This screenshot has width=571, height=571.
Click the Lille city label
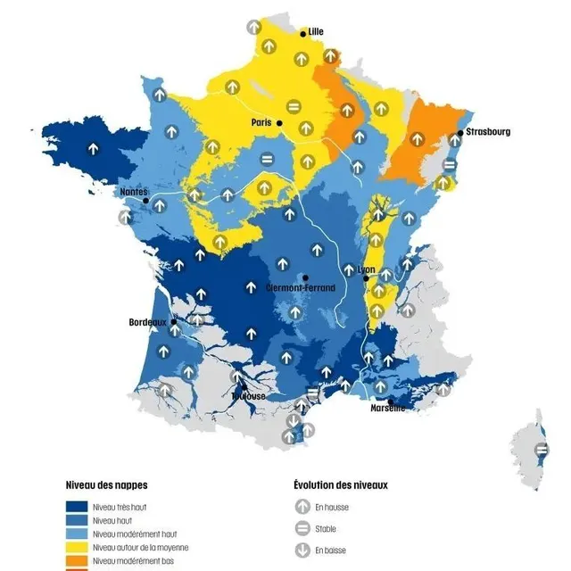pyautogui.click(x=316, y=31)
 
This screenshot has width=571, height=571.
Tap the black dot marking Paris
pyautogui.click(x=279, y=122)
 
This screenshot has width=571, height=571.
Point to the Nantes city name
pyautogui.click(x=134, y=191)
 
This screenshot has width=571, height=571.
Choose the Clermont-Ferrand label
pyautogui.click(x=302, y=288)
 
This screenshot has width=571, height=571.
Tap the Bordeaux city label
pyautogui.click(x=148, y=321)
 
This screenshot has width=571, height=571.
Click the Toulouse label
pyautogui.click(x=248, y=395)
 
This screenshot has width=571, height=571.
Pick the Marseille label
pyautogui.click(x=388, y=408)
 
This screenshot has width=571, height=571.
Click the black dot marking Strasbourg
pyautogui.click(x=459, y=132)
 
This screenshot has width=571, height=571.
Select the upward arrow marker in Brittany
pyautogui.click(x=93, y=148)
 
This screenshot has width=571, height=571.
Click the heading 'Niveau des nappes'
pyautogui.click(x=106, y=485)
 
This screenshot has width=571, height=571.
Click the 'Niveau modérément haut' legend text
pyautogui.click(x=134, y=534)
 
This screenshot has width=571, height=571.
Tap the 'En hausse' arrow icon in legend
pyautogui.click(x=302, y=506)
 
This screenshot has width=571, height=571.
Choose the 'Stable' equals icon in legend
pyautogui.click(x=302, y=528)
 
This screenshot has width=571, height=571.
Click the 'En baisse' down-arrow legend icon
pyautogui.click(x=302, y=550)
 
